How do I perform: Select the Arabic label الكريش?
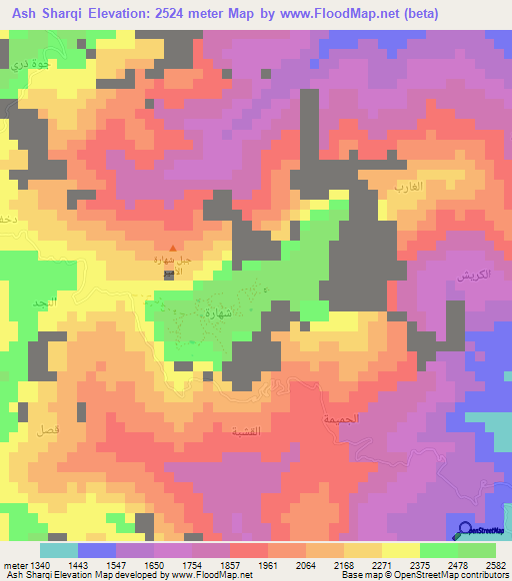469,275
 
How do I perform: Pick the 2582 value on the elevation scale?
496,565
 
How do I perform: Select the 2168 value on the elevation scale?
346,565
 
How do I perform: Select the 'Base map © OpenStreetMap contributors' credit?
422,576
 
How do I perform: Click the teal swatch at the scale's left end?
59,550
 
